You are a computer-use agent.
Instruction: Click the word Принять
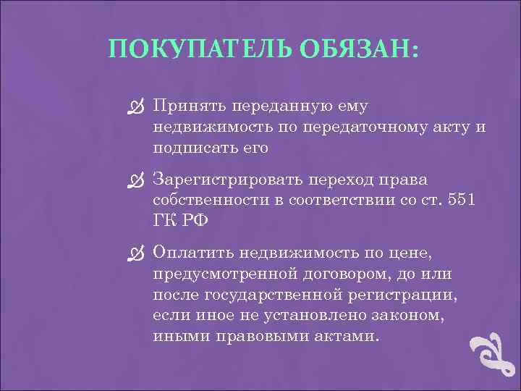[x=188, y=107]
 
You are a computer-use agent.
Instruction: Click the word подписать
[x=188, y=149]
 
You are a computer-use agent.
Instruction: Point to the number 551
[x=458, y=200]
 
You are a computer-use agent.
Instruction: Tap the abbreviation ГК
[x=164, y=220]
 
